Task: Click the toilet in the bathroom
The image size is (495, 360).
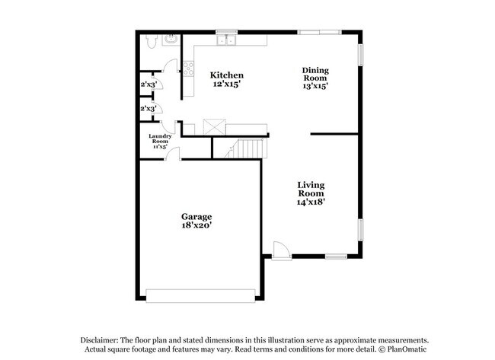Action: point(152,41)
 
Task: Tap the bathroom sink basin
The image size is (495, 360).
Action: point(171,40)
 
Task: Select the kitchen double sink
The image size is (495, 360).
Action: point(227,40)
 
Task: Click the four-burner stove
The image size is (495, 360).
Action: point(188,68)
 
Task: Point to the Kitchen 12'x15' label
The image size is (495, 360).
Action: point(227,79)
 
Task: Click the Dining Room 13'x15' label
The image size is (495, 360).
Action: point(315,78)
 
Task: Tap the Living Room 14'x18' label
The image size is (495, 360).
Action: point(311,193)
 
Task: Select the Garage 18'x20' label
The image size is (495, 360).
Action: point(196,221)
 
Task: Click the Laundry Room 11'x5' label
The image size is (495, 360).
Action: point(160,141)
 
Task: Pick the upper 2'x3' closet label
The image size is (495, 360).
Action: point(148,84)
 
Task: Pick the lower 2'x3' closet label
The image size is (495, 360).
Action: point(148,109)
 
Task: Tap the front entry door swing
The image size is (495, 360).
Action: point(281,251)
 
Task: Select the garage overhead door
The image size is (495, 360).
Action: point(200,296)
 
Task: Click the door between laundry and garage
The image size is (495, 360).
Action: point(173,154)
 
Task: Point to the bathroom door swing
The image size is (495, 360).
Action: point(170,66)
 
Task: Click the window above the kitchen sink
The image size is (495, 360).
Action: point(226,31)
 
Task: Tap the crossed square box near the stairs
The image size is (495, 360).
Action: point(214,127)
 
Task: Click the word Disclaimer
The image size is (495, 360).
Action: point(100,340)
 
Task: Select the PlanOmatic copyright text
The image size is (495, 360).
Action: point(403,349)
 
